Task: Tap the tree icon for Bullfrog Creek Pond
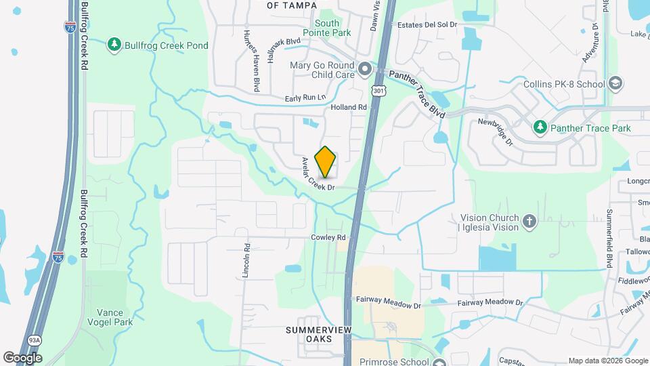(x=114, y=45)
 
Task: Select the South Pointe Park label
(x=327, y=28)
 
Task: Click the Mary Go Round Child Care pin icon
(x=365, y=70)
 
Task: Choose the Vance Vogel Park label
(x=109, y=318)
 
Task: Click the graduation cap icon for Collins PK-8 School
(x=615, y=84)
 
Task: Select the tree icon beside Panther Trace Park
(x=540, y=127)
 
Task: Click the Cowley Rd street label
(x=328, y=237)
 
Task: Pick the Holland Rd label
(x=348, y=107)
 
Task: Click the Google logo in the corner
(x=23, y=357)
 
